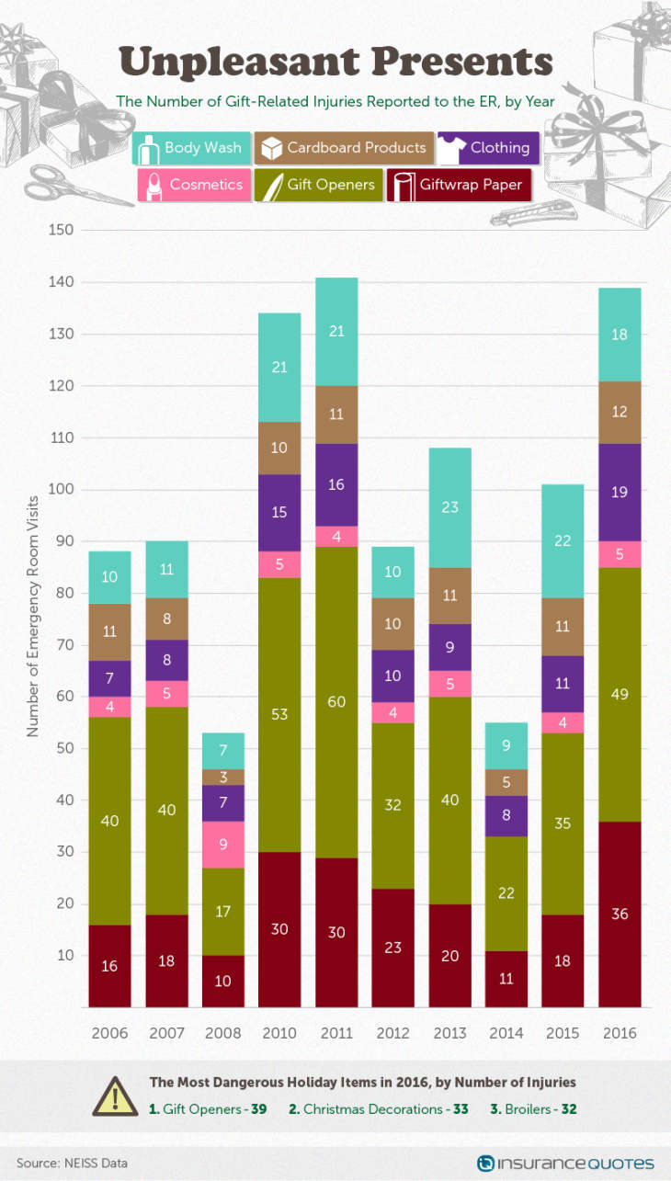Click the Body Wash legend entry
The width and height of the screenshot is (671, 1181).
(x=190, y=148)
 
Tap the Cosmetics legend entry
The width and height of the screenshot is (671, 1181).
(x=194, y=185)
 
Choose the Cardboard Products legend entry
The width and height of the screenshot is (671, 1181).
(x=344, y=148)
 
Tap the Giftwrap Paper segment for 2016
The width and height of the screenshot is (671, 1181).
(x=620, y=914)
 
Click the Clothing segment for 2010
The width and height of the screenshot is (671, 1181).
(x=279, y=512)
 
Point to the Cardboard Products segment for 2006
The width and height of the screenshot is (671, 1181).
(x=109, y=631)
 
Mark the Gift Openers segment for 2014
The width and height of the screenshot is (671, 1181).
(x=506, y=893)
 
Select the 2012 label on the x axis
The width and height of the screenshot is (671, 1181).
(x=393, y=1032)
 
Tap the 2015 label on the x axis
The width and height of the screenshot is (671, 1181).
(x=563, y=1032)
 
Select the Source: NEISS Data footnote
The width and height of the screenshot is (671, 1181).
(x=72, y=1163)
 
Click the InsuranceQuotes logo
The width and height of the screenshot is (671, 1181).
(x=566, y=1163)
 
